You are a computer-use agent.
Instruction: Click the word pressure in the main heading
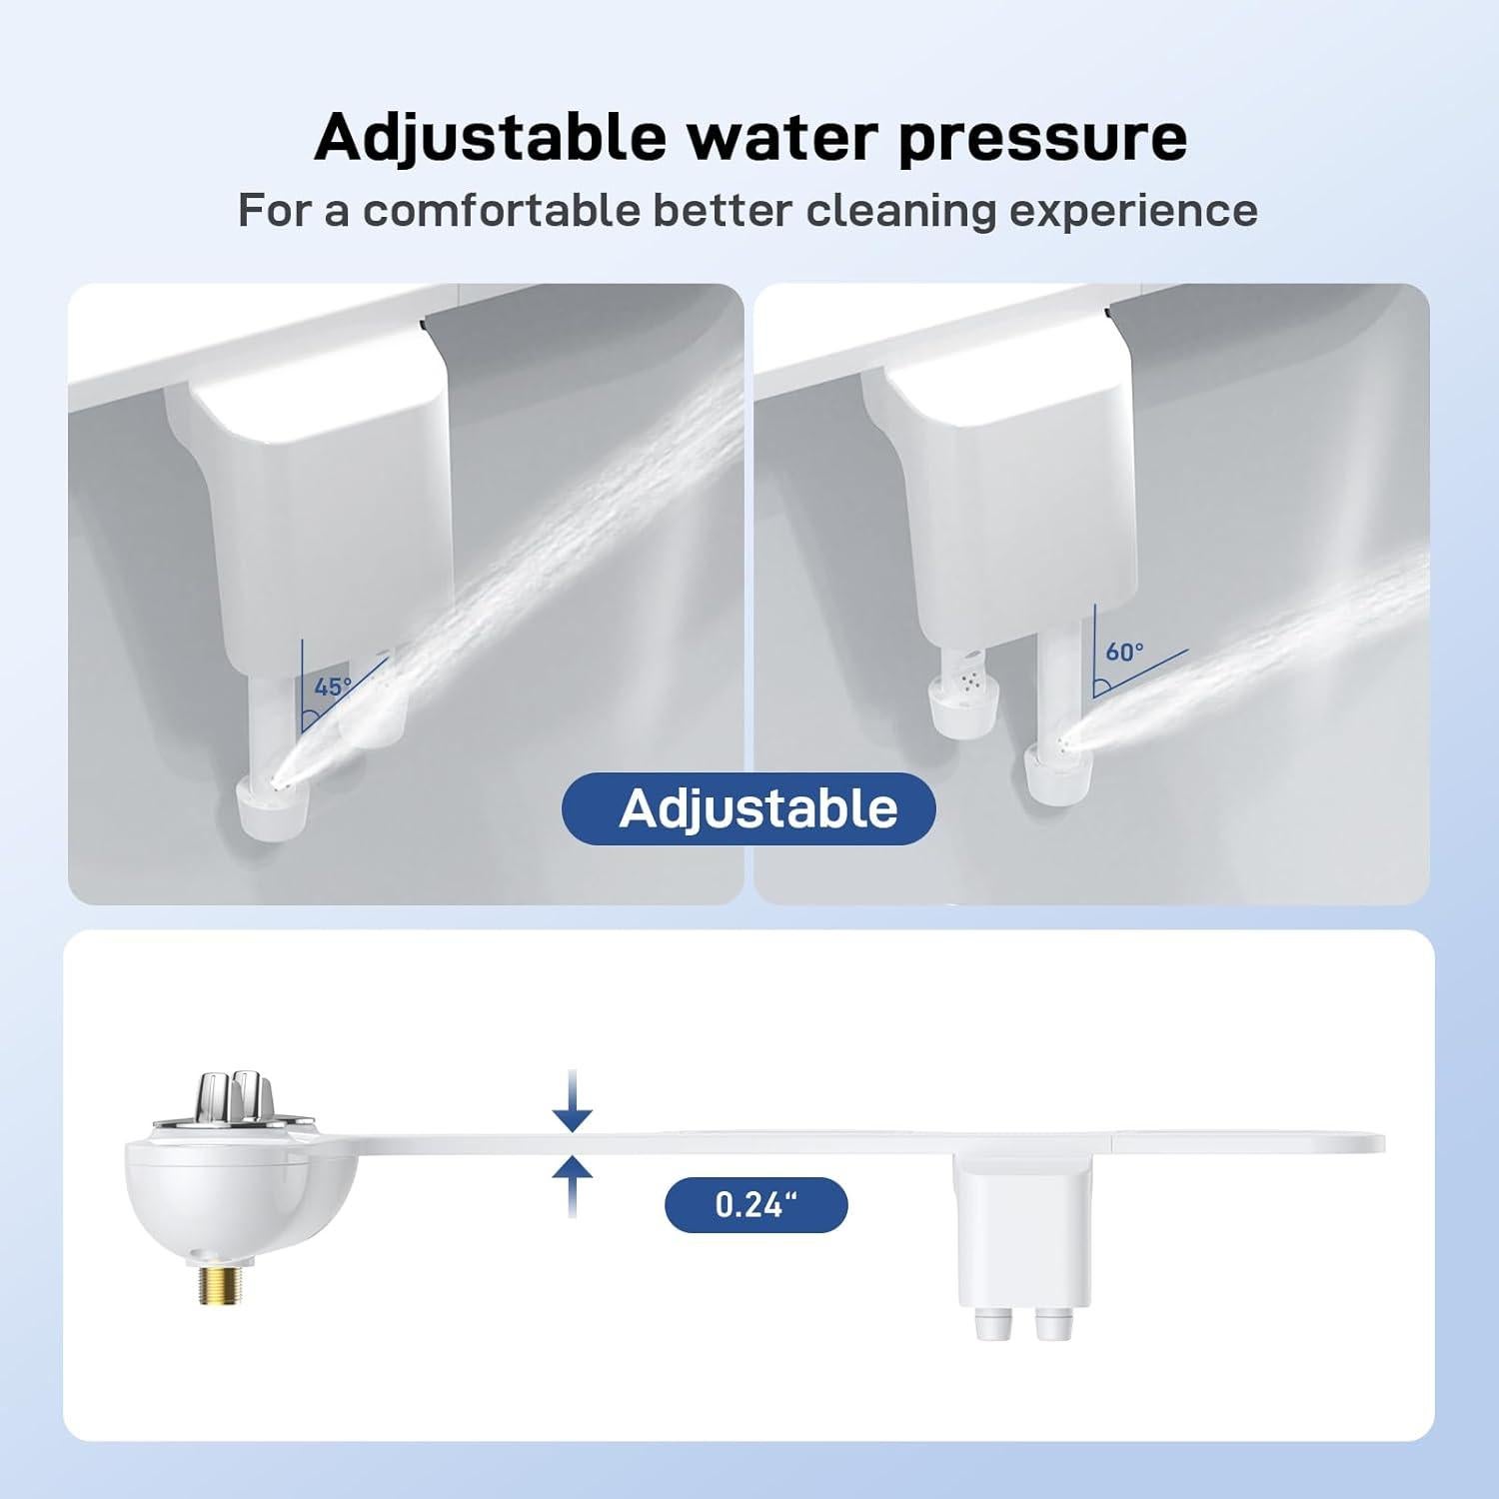pos(1042,139)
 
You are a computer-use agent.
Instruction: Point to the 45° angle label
pos(332,688)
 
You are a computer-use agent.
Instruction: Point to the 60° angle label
pos(1124,652)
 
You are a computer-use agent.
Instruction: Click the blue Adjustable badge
pos(749,808)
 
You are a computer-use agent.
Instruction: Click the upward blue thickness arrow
pos(572,1185)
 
